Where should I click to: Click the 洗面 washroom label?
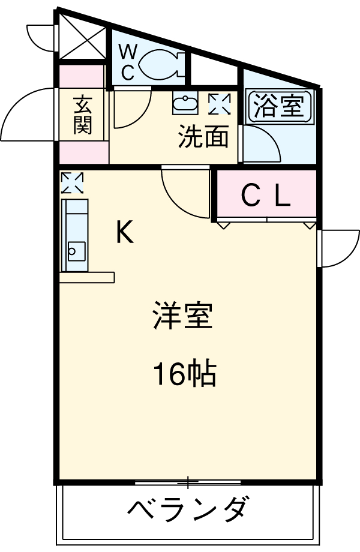[203, 137]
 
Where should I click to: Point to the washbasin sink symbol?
[185, 103]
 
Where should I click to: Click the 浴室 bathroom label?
[279, 107]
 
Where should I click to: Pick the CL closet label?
[266, 195]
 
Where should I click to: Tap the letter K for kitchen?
[124, 232]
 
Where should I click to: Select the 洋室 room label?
[183, 316]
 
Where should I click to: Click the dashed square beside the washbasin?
[219, 103]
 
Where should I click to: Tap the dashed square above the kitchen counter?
[72, 182]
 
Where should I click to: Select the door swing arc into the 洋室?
[183, 195]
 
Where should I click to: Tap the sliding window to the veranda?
[188, 481]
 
